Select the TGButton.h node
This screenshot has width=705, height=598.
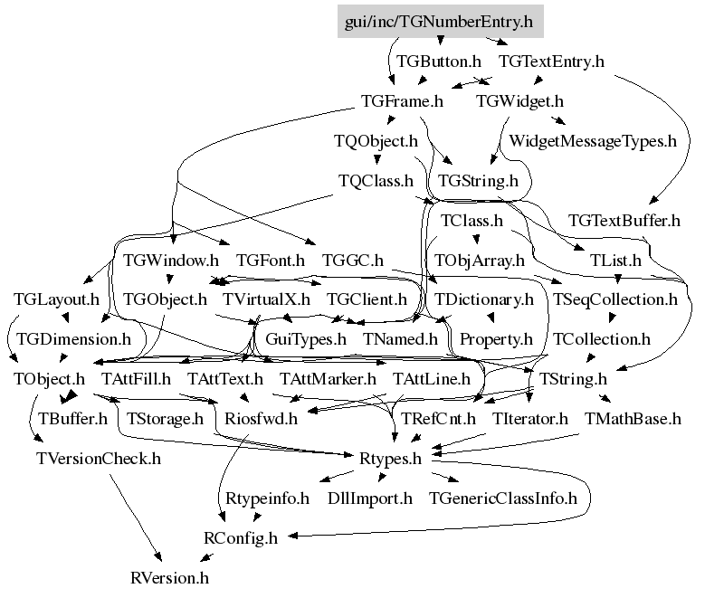pos(439,62)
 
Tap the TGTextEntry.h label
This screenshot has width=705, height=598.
pos(551,62)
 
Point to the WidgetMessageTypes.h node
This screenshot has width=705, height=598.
pos(593,141)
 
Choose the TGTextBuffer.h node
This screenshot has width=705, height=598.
pos(624,221)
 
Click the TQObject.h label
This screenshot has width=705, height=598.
pos(376,141)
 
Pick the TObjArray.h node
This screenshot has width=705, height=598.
pos(479,261)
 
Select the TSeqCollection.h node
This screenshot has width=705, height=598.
pos(614,299)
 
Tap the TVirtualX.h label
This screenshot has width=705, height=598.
pos(267,299)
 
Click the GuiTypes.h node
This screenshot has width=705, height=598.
pos(306,340)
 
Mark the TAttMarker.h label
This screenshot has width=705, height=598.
pos(328,379)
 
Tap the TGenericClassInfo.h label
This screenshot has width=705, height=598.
pos(502,498)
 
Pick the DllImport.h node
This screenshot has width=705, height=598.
pos(369,498)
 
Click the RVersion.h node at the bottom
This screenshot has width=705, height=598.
pos(169,575)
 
